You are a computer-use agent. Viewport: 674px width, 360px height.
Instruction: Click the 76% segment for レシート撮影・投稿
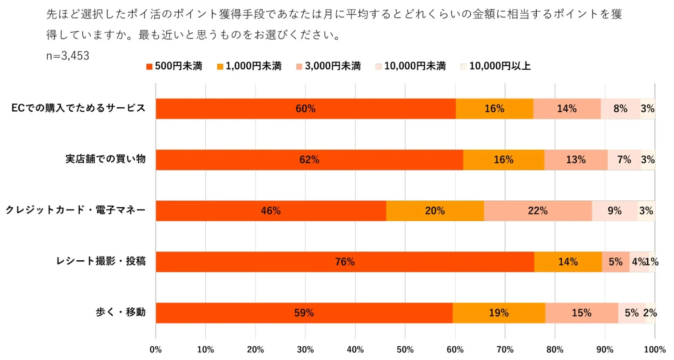[x=345, y=262]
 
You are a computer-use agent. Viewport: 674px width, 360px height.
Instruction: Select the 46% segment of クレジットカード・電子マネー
[x=271, y=211]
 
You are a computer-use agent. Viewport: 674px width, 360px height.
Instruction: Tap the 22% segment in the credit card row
[x=537, y=211]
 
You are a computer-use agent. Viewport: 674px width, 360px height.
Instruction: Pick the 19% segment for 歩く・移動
[x=498, y=313]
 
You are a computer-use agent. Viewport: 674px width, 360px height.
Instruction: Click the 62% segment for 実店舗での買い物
[x=309, y=160]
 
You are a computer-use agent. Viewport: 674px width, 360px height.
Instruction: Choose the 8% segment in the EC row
[x=620, y=109]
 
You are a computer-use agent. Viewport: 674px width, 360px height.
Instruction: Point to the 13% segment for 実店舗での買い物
[x=576, y=160]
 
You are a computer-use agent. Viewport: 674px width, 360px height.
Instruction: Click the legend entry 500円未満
[x=174, y=66]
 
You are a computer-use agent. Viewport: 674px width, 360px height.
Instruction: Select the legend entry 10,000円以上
[x=495, y=66]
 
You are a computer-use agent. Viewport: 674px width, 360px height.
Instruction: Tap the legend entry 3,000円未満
[x=329, y=66]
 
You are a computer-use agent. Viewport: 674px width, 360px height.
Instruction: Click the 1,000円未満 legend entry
[x=249, y=66]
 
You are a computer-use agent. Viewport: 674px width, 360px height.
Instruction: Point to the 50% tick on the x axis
[x=405, y=349]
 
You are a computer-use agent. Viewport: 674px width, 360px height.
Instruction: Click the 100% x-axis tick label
[x=654, y=349]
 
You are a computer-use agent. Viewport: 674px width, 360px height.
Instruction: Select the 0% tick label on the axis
[x=156, y=349]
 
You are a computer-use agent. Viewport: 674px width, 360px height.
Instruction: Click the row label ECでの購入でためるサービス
[x=78, y=108]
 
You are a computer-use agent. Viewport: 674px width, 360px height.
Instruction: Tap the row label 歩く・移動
[x=120, y=312]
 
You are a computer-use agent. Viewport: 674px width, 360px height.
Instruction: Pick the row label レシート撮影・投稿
[x=101, y=261]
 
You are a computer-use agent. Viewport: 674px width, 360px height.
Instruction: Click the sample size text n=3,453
[x=68, y=56]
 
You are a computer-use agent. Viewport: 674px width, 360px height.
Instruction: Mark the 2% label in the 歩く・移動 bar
[x=650, y=313]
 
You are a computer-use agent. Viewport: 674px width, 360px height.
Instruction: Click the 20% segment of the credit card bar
[x=435, y=211]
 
